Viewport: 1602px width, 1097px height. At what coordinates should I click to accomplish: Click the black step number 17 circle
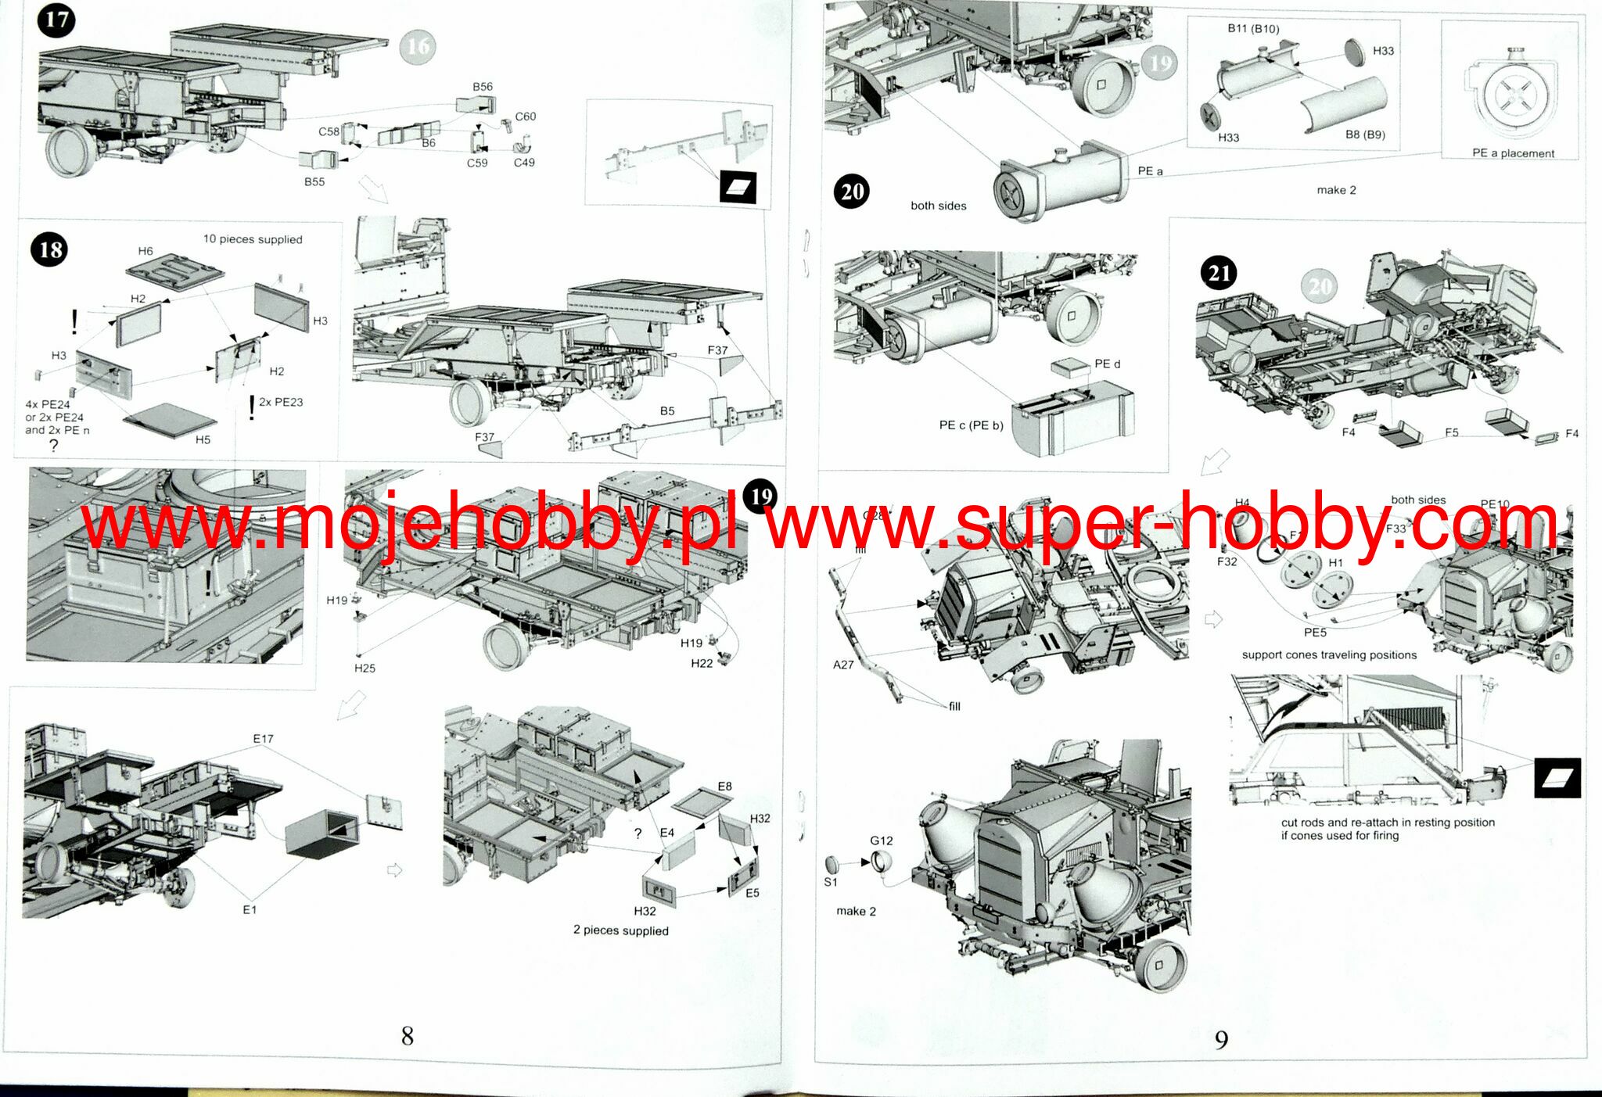pos(56,21)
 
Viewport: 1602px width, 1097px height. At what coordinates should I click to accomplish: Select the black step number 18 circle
pos(49,250)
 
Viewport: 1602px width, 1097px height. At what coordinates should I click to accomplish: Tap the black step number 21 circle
pos(1219,274)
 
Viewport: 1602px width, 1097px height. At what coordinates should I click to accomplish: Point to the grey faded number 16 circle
pos(418,47)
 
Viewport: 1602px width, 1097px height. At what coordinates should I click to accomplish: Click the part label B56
pos(483,87)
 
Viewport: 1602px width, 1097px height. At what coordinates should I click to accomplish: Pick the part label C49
pos(524,163)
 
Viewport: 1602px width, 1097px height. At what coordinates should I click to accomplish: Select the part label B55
pos(314,181)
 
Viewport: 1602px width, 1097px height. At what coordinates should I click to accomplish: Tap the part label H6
pos(145,251)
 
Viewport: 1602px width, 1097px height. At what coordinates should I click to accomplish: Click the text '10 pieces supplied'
pos(253,239)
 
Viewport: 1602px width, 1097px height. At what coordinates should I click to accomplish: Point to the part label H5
pos(203,439)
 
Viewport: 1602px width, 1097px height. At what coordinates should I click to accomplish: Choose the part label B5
pos(666,410)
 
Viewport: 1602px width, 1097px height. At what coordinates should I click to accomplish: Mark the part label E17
pos(263,739)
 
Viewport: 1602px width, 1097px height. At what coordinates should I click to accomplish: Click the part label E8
pos(725,786)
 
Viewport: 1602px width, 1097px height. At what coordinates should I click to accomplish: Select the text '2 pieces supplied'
pos(621,930)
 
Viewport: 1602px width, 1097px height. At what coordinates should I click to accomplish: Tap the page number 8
pos(407,1036)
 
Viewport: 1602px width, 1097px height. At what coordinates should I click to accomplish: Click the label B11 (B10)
pos(1253,29)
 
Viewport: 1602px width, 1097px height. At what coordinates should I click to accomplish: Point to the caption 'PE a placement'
pos(1513,153)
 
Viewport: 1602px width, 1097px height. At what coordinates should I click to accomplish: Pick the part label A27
pos(843,665)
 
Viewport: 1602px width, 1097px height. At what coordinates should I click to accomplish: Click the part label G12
pos(882,841)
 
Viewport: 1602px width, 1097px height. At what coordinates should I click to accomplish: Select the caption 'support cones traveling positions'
pos(1329,655)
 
